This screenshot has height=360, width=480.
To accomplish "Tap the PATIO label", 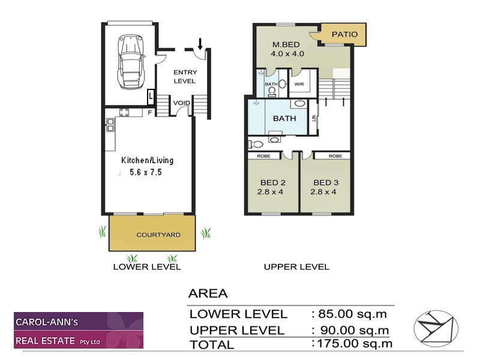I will point(344,34).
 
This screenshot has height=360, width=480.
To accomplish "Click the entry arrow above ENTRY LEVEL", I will point(200,43).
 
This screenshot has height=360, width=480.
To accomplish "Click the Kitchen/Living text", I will point(148,160).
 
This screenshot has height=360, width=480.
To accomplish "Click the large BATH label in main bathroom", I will point(284,118).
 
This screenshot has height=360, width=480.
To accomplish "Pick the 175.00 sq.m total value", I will point(353,344).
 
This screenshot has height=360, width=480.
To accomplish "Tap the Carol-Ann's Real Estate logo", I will point(79,330).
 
